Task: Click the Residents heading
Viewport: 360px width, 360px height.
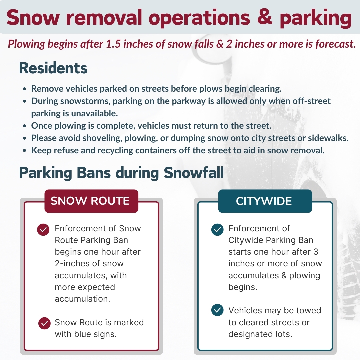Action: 53,68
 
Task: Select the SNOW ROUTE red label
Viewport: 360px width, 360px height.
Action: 90,201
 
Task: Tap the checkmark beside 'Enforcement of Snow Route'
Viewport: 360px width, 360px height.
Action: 43,230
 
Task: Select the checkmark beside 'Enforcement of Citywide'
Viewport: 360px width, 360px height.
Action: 217,230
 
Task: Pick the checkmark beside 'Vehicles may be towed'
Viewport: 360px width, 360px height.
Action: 217,311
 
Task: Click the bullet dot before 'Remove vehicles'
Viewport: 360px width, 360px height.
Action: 25,89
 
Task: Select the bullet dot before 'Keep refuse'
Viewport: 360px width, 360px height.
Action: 25,151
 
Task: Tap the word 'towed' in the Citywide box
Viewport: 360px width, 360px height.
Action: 308,311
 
